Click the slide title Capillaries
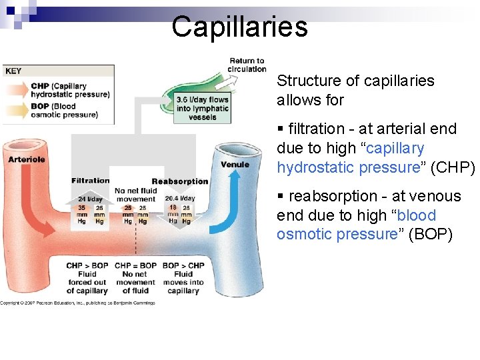239,27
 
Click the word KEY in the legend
13,71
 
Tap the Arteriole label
27,159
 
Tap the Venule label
235,164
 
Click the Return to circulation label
247,65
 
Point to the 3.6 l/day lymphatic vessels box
202,108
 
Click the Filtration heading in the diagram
91,181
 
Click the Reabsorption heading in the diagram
180,181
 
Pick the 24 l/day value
91,199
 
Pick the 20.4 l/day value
180,198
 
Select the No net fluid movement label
135,195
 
